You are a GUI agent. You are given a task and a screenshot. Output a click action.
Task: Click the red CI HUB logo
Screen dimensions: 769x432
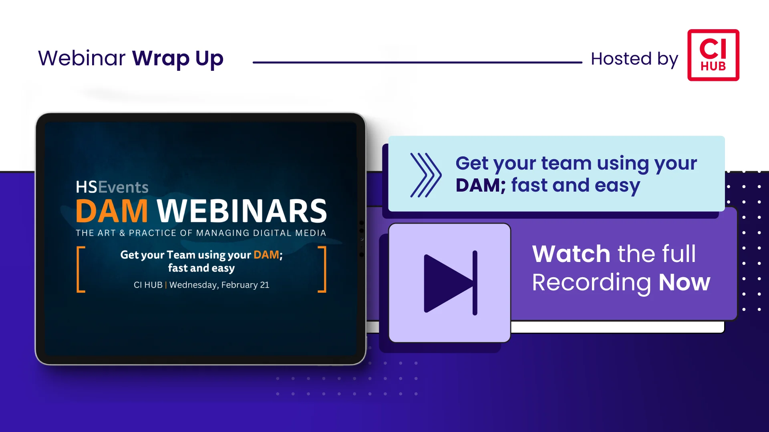point(713,55)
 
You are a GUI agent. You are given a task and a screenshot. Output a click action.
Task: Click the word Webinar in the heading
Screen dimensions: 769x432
point(82,58)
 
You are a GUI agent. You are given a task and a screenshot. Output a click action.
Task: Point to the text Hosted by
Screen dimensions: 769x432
point(634,59)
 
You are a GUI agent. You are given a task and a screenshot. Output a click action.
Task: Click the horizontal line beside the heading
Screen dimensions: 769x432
point(417,62)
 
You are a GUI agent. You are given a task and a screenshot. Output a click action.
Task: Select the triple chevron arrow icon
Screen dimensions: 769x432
point(426,175)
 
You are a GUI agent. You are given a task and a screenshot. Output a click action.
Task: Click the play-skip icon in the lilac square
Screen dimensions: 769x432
point(451,283)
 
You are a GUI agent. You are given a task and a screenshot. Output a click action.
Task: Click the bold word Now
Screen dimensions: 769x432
point(684,282)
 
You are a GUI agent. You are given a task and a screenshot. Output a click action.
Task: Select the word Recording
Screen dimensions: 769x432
point(592,283)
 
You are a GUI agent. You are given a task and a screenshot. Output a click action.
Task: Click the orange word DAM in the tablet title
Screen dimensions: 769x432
point(112,211)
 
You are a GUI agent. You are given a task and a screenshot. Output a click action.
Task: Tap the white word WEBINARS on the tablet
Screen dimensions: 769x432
point(242,211)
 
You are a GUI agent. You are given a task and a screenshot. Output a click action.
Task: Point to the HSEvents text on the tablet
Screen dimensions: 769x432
point(112,187)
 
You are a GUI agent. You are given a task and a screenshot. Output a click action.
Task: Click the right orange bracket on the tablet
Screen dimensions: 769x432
point(323,269)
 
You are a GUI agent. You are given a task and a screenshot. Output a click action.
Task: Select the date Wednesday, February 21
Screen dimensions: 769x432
point(219,285)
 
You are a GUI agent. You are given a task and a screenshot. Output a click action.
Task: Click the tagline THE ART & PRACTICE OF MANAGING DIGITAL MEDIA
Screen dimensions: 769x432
point(201,233)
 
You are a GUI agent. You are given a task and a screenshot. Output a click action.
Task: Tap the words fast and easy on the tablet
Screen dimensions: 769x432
point(201,268)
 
